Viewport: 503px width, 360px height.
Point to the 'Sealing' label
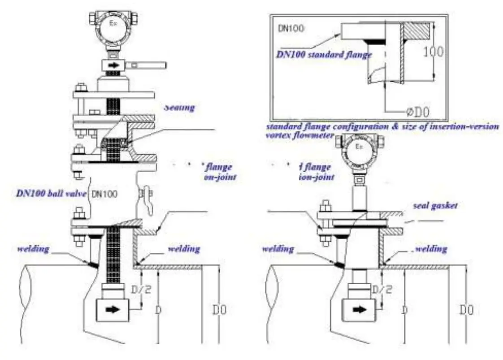pos(179,108)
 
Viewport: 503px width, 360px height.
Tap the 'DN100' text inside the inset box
pos(290,28)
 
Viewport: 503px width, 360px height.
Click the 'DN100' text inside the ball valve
pos(104,195)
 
